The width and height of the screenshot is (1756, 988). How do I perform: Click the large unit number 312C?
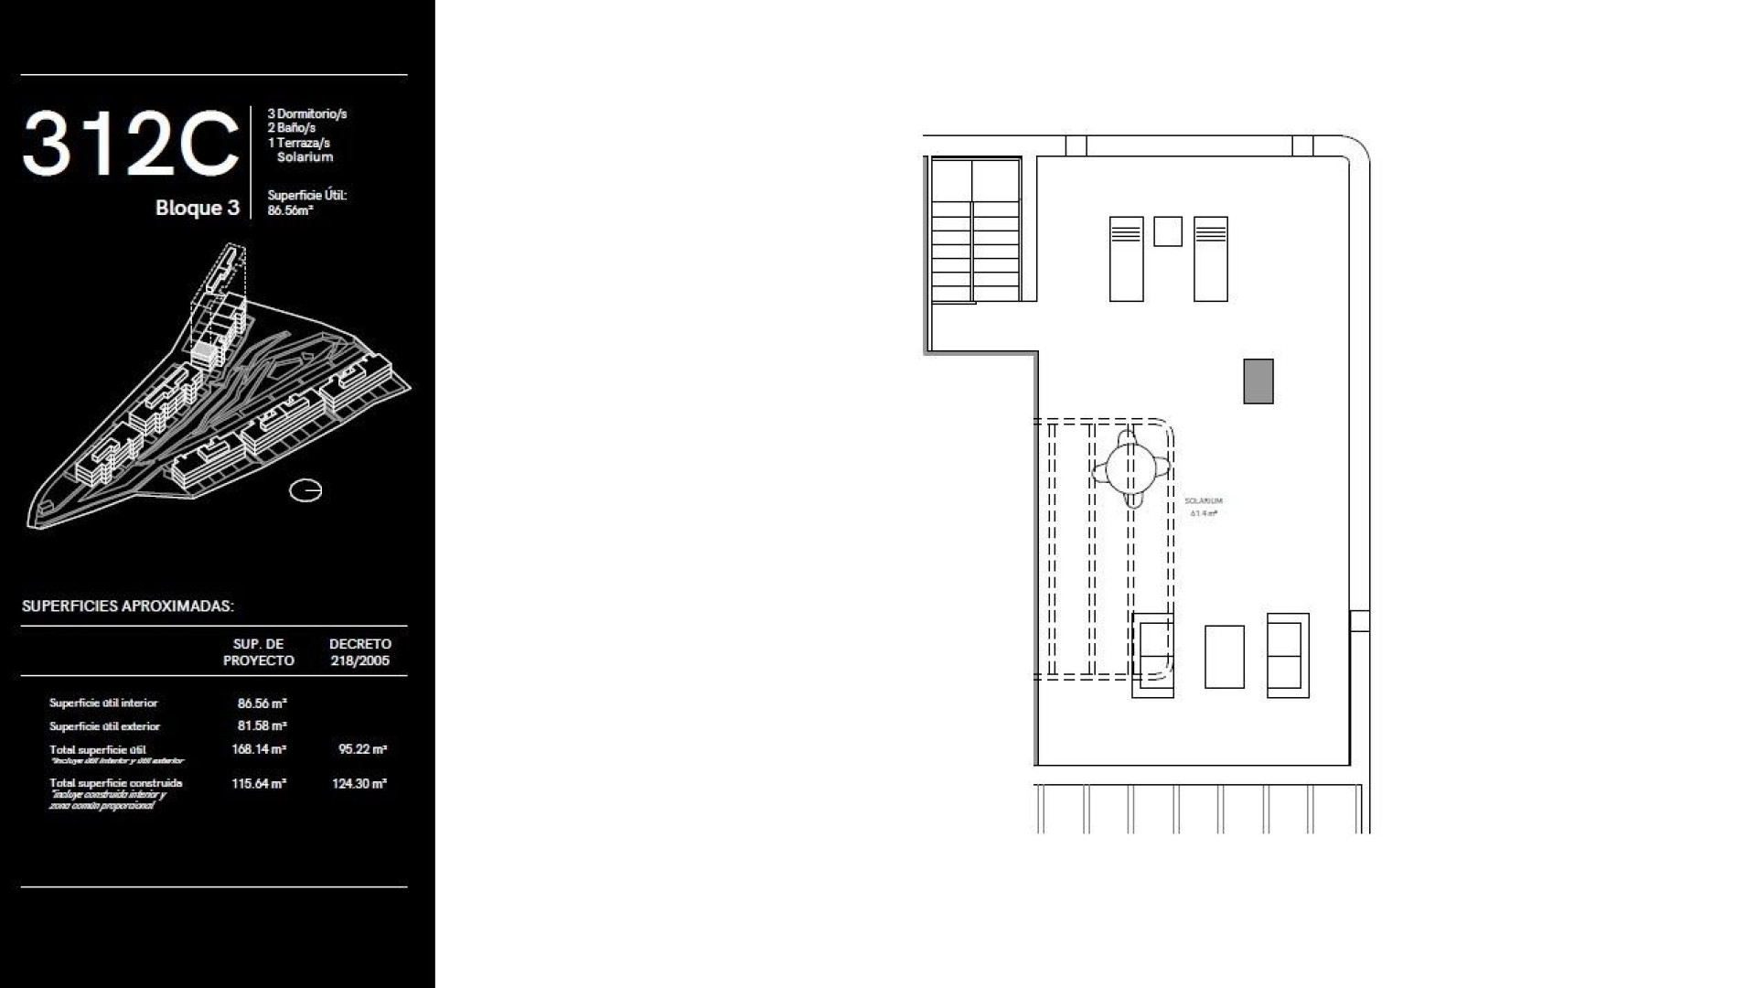point(131,145)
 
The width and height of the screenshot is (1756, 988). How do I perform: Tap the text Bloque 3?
point(197,208)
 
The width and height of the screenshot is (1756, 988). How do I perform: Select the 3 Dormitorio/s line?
point(306,114)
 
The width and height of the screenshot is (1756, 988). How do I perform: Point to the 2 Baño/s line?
point(291,128)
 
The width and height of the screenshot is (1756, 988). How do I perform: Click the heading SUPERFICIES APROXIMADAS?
point(128,606)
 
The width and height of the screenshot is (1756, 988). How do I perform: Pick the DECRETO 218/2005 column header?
point(359,652)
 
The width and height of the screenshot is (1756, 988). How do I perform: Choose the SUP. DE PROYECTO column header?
point(259,652)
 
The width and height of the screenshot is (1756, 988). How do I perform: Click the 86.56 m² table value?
point(262,703)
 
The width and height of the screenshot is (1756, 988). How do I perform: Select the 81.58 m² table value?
point(262,726)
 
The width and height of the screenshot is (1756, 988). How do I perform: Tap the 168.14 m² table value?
point(259,749)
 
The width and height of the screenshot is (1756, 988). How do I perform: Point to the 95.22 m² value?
point(362,749)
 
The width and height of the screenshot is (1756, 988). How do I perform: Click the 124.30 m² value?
point(359,784)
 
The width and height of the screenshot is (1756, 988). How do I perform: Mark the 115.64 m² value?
point(259,784)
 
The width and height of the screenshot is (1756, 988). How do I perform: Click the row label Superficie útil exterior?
point(104,726)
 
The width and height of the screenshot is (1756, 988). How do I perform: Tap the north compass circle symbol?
point(305,491)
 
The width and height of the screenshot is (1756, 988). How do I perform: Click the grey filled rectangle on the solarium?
point(1258,381)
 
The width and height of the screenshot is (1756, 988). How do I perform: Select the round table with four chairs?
point(1131,468)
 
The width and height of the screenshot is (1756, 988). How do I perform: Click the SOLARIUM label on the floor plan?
point(1203,501)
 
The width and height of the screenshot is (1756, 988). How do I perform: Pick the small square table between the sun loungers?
point(1168,231)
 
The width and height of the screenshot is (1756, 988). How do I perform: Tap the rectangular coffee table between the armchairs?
point(1225,657)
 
